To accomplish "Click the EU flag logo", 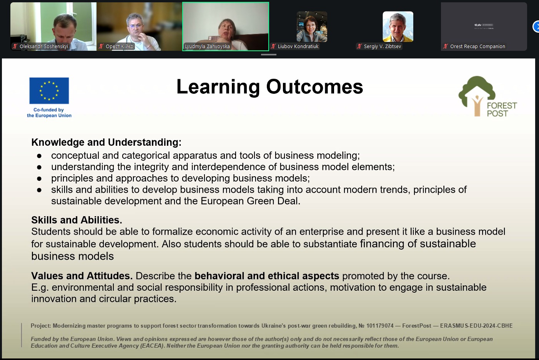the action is pyautogui.click(x=49, y=90).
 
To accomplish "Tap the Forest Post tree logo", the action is pyautogui.click(x=477, y=96).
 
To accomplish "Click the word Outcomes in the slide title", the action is pyautogui.click(x=314, y=87).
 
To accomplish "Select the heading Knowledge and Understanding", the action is pyautogui.click(x=106, y=142).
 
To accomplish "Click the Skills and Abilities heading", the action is pyautogui.click(x=77, y=220).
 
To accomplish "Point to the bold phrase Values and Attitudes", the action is pyautogui.click(x=82, y=276).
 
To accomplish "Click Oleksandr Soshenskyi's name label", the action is pyautogui.click(x=44, y=46).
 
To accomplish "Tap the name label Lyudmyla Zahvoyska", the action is pyautogui.click(x=207, y=46).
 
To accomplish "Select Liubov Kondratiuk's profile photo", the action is pyautogui.click(x=312, y=27).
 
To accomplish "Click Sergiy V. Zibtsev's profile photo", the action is pyautogui.click(x=398, y=27).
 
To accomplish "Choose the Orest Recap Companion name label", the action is pyautogui.click(x=477, y=46).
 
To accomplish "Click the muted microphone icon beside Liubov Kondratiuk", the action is pyautogui.click(x=273, y=46).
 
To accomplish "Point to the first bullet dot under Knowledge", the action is pyautogui.click(x=39, y=156).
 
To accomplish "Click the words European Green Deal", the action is pyautogui.click(x=250, y=201).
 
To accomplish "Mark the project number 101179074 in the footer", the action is pyautogui.click(x=380, y=326).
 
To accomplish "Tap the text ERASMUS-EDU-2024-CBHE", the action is pyautogui.click(x=476, y=326).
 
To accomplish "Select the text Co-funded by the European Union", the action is pyautogui.click(x=49, y=112).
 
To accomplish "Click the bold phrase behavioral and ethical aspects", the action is pyautogui.click(x=266, y=276).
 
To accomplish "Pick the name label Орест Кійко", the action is pyautogui.click(x=119, y=46).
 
